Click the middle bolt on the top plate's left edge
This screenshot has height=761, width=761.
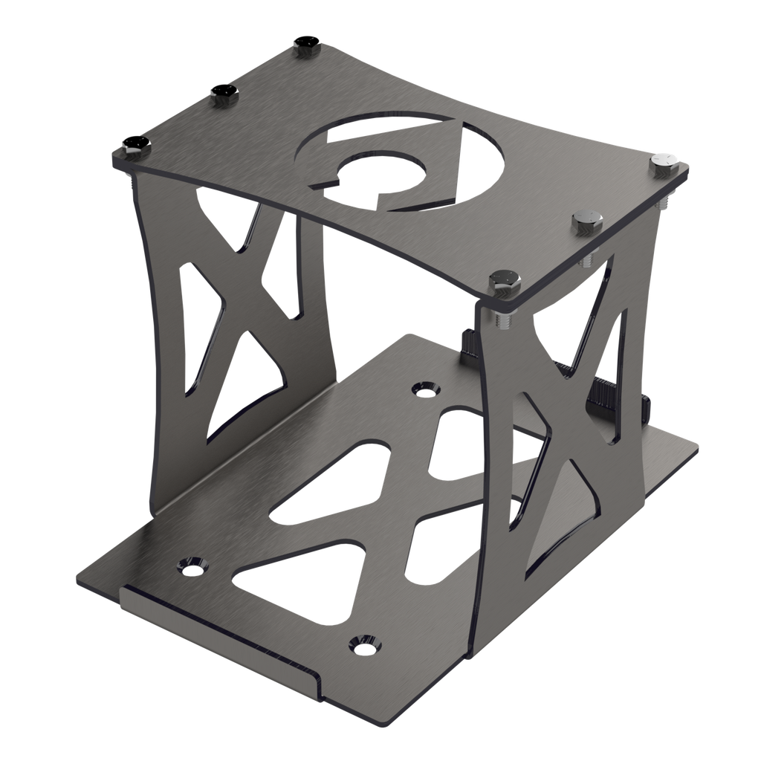click(x=224, y=94)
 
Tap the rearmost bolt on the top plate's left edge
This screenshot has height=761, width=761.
click(x=304, y=45)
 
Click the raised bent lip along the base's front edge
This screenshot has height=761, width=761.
click(x=223, y=624)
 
